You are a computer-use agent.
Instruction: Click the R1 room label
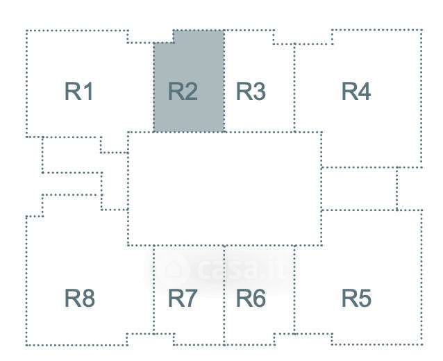coord(79,92)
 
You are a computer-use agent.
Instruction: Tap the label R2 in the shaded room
coord(183,92)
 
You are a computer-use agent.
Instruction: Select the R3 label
coord(251,92)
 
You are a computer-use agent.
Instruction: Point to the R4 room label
coord(356,92)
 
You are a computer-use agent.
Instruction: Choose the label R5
coord(356,299)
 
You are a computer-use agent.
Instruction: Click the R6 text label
coord(251,299)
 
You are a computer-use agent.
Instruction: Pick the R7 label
coord(183,299)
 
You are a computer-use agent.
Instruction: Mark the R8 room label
coord(79,299)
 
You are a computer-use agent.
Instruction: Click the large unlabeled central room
coord(224,188)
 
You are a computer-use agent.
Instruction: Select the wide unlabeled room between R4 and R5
coord(358,188)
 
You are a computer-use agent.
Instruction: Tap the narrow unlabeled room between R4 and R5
coord(410,188)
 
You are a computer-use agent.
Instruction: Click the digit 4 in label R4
coord(365,92)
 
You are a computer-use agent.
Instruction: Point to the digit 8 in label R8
coord(87,299)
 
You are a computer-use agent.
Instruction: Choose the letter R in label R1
coord(72,92)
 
